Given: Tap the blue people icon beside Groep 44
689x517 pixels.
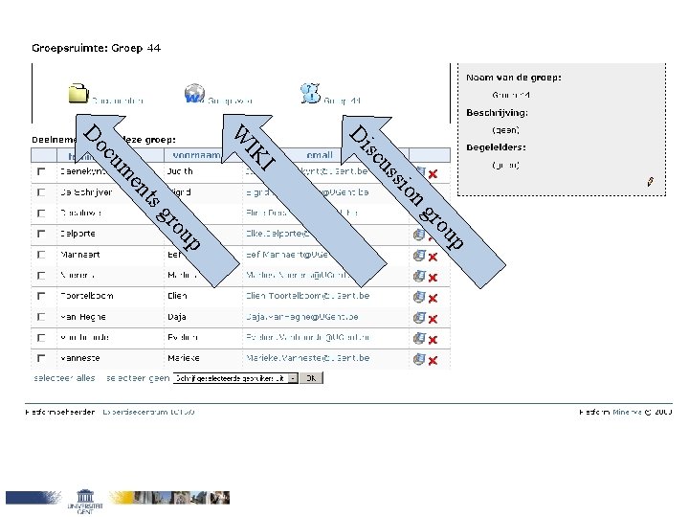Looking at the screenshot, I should (309, 94).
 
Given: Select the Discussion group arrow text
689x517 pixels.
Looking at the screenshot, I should (407, 188).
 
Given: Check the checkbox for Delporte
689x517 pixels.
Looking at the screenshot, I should (40, 234).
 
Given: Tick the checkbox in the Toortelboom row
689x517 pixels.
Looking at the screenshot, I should (40, 297).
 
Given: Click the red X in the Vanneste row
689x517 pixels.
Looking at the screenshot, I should (433, 361).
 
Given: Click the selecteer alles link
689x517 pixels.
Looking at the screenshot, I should (65, 378).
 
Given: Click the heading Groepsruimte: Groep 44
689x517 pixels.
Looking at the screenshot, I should (96, 47).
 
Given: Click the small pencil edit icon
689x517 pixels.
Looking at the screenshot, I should (651, 180).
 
